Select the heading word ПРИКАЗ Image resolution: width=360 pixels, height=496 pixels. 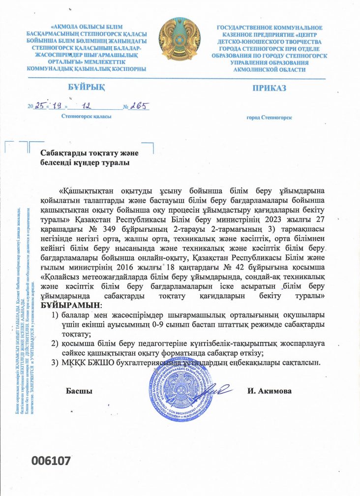[269, 88]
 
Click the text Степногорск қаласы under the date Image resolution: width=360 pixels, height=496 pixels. [86, 117]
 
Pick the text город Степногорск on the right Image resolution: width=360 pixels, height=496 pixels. [269, 118]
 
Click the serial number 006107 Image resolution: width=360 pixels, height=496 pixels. [52, 461]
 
